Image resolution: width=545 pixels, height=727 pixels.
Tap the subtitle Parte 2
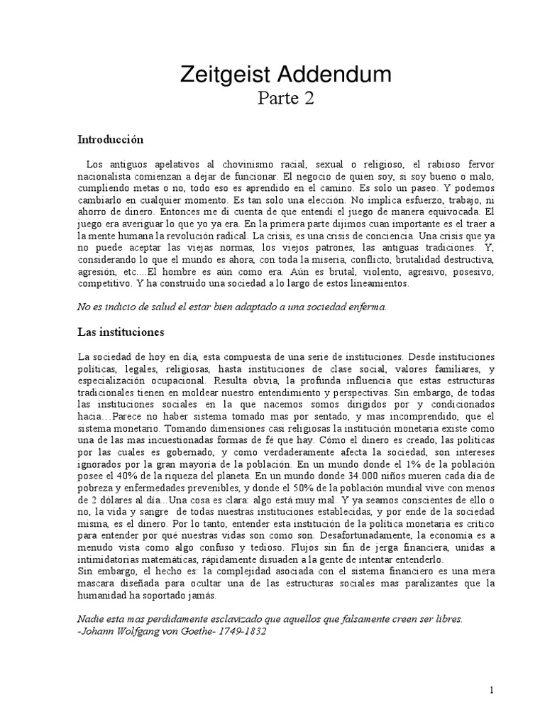pos(283,98)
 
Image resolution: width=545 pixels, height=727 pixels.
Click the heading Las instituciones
pos(120,332)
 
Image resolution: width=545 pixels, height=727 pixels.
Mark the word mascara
pos(95,584)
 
